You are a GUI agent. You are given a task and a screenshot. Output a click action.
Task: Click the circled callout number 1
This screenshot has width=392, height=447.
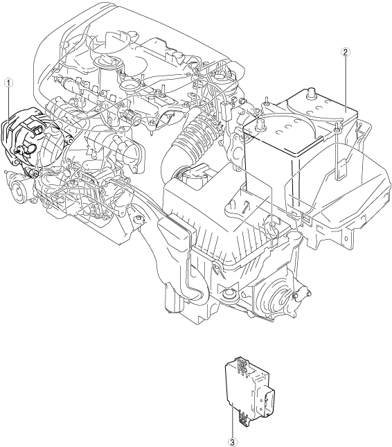click(9, 83)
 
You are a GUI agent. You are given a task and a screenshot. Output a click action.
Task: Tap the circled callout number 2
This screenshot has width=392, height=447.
click(346, 52)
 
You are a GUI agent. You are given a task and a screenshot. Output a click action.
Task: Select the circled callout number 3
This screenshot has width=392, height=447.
click(233, 442)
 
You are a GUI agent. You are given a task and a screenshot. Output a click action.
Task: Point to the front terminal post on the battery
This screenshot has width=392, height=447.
click(260, 125)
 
